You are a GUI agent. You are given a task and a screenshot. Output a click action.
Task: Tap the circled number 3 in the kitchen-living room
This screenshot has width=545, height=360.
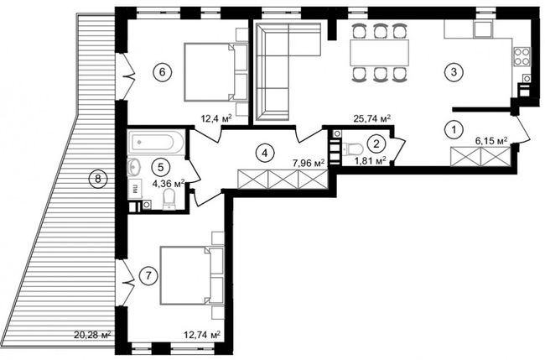(x=454, y=72)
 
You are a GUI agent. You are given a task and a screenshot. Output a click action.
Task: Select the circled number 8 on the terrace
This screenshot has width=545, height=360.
(x=98, y=179)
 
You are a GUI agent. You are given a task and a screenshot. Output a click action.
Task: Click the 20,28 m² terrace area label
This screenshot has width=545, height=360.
(x=92, y=335)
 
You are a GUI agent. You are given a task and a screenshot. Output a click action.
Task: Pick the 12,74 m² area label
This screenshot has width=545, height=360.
(x=202, y=335)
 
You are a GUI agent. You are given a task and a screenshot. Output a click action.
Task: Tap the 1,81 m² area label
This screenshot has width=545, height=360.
(x=369, y=160)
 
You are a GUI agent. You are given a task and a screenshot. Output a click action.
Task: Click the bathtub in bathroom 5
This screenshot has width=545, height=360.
(x=156, y=143)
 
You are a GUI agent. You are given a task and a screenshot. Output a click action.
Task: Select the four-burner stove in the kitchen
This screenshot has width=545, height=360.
(x=522, y=57)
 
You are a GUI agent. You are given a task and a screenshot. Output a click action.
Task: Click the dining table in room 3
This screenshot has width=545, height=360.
(x=379, y=53)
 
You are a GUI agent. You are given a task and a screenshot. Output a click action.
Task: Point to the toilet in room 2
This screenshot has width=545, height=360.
(x=352, y=149)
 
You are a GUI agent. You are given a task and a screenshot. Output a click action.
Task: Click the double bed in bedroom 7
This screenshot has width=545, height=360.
(x=191, y=275)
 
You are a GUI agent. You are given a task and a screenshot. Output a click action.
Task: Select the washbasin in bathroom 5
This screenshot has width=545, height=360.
(x=134, y=167)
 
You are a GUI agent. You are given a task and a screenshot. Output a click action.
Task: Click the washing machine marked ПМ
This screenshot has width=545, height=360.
(x=135, y=189)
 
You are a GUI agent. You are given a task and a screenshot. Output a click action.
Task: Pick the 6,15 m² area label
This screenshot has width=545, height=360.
(x=490, y=141)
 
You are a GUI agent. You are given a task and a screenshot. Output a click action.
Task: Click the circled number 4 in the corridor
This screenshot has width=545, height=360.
(x=265, y=153)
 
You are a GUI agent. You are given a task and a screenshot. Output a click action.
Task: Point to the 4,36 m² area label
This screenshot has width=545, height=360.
(x=169, y=183)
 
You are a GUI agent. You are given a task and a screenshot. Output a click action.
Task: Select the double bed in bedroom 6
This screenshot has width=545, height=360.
(x=215, y=72)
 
